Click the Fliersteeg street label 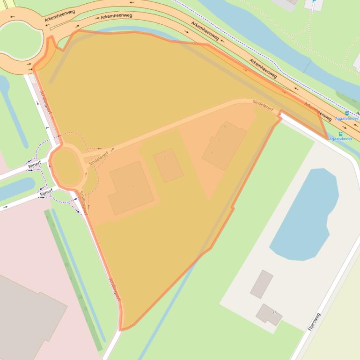click(x=314, y=322)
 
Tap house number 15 click(x=275, y=313)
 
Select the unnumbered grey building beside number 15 click(x=261, y=284)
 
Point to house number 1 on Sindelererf click(x=132, y=187)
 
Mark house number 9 click(x=225, y=127)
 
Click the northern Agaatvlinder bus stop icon click(x=347, y=113)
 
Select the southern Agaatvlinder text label click(x=340, y=139)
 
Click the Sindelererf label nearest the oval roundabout click(x=99, y=158)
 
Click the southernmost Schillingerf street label click(x=115, y=289)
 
